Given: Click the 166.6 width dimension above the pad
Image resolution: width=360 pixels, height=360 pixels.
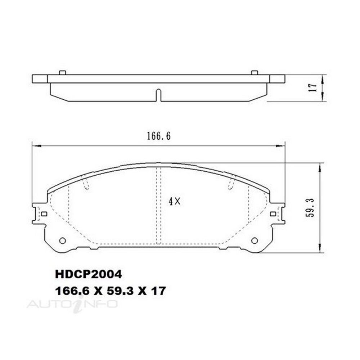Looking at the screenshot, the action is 159,136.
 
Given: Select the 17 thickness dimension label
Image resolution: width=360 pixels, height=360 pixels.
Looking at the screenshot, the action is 313,87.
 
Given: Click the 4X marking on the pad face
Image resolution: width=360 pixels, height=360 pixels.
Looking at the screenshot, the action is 175,202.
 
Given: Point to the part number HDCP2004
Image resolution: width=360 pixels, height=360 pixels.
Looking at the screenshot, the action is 89,274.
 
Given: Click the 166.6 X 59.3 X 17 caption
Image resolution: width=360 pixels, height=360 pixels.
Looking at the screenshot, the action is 110,291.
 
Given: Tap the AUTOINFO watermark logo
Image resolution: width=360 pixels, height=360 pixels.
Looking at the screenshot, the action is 72,304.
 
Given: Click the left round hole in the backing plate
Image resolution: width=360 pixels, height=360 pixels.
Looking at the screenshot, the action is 62,240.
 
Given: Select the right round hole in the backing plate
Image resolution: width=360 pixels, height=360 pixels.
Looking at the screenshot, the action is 255,240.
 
